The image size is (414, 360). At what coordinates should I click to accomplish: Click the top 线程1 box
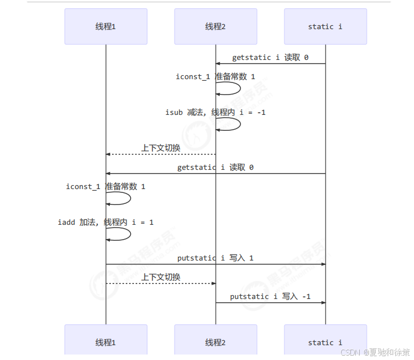(x=105, y=26)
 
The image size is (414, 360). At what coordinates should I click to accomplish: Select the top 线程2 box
(x=215, y=26)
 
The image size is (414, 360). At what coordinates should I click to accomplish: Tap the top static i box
(x=325, y=26)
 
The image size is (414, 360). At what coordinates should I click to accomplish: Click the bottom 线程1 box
(x=105, y=342)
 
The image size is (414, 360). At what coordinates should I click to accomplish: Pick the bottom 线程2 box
(x=215, y=342)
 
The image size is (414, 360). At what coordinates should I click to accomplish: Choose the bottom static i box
(x=325, y=342)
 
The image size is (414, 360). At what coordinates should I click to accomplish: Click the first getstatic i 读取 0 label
(x=270, y=57)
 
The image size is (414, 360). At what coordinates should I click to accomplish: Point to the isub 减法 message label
(x=216, y=112)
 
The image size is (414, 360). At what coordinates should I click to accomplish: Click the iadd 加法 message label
(x=106, y=222)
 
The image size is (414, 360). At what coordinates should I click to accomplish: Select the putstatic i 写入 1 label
(x=215, y=258)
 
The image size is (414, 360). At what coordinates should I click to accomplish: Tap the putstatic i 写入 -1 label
(x=270, y=296)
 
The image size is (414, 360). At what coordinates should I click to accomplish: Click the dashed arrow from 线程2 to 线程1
(x=160, y=154)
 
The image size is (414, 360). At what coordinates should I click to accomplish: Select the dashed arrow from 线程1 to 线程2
(x=160, y=284)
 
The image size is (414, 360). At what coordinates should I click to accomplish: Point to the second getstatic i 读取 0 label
(x=215, y=167)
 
